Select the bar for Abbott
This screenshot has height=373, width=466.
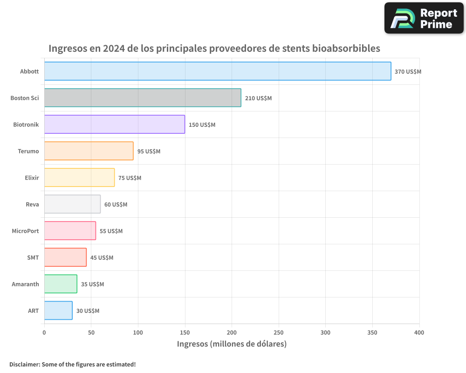[218, 71]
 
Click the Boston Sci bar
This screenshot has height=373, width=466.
[143, 98]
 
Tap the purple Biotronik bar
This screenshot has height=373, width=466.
[115, 124]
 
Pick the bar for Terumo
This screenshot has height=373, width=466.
[89, 151]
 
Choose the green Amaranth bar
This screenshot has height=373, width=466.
[61, 284]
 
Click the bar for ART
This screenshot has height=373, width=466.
[58, 311]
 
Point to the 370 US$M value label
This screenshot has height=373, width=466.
[408, 72]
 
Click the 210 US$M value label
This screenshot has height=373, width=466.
[258, 98]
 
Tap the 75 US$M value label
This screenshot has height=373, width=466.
[130, 178]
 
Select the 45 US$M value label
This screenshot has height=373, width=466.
[102, 258]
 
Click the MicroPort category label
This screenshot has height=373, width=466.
[25, 231]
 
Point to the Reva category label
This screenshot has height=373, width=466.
[32, 204]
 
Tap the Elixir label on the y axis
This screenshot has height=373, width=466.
[32, 178]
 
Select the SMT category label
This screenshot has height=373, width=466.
[33, 257]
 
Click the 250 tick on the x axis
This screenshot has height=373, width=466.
[279, 332]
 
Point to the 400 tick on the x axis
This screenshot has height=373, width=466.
[419, 332]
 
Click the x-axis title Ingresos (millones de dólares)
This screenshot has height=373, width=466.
[232, 344]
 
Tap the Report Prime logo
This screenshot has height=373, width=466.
[424, 18]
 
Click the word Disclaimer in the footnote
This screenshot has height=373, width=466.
[24, 364]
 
